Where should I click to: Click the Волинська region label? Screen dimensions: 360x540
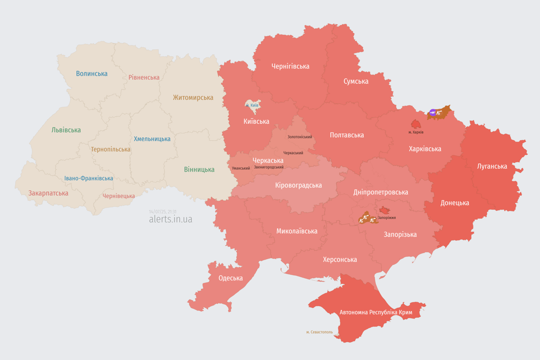coord(91,74)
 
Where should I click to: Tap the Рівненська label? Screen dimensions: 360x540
coord(144,77)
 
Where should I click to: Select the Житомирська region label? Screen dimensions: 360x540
coord(193,97)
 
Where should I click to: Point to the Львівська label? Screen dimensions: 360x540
coord(66,130)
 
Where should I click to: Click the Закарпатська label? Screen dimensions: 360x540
coord(48,193)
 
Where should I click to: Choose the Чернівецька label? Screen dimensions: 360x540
coord(119,196)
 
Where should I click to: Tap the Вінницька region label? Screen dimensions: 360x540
coord(199,169)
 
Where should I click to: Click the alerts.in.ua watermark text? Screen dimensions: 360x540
coord(171,219)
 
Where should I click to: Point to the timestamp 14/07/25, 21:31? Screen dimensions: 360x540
coord(163,212)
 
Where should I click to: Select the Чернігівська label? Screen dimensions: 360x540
coord(290,66)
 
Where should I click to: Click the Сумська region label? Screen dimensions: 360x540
coord(356,81)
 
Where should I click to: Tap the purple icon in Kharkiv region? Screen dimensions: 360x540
coord(433,112)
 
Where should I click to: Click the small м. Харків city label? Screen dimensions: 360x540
coord(416,132)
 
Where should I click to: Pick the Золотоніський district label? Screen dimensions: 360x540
coord(300,137)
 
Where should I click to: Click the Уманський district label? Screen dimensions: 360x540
coord(241,168)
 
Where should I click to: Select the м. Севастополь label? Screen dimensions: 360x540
coord(319,332)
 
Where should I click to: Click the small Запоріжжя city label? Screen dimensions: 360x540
coord(387,217)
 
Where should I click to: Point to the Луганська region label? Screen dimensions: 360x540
coord(492,166)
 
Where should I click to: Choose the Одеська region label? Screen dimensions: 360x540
coord(231,278)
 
